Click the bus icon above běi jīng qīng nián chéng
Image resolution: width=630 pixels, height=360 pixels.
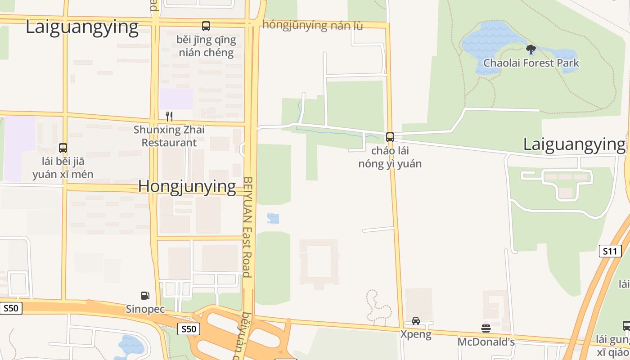point(206,26)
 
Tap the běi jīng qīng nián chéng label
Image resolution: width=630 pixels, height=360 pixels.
point(206,46)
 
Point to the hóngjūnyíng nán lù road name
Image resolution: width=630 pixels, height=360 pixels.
point(313,25)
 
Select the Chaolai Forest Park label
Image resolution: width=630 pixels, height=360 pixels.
point(531,63)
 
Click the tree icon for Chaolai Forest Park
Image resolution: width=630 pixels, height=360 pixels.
point(531,49)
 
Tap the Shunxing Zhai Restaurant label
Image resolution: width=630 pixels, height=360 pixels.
point(169,136)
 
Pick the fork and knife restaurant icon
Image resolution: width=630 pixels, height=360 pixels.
point(169,117)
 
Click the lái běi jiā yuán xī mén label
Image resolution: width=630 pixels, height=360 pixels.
point(63,168)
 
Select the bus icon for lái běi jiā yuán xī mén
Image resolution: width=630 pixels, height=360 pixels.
point(63,148)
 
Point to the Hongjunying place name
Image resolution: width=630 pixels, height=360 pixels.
point(187,186)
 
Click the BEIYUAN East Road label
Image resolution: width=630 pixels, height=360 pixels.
point(248,227)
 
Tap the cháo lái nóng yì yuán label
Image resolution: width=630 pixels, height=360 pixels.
point(390,157)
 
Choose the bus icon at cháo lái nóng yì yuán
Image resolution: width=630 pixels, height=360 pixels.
point(390,137)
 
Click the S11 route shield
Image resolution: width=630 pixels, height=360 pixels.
point(610,251)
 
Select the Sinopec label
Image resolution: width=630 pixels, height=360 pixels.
point(145,309)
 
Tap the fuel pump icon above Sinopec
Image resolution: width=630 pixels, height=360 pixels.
point(145,296)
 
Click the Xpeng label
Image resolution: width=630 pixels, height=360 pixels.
point(416,334)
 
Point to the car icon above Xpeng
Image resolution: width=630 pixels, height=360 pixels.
point(416,321)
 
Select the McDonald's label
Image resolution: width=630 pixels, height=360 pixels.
point(486,342)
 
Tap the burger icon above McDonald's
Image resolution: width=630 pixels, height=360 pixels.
point(486,328)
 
